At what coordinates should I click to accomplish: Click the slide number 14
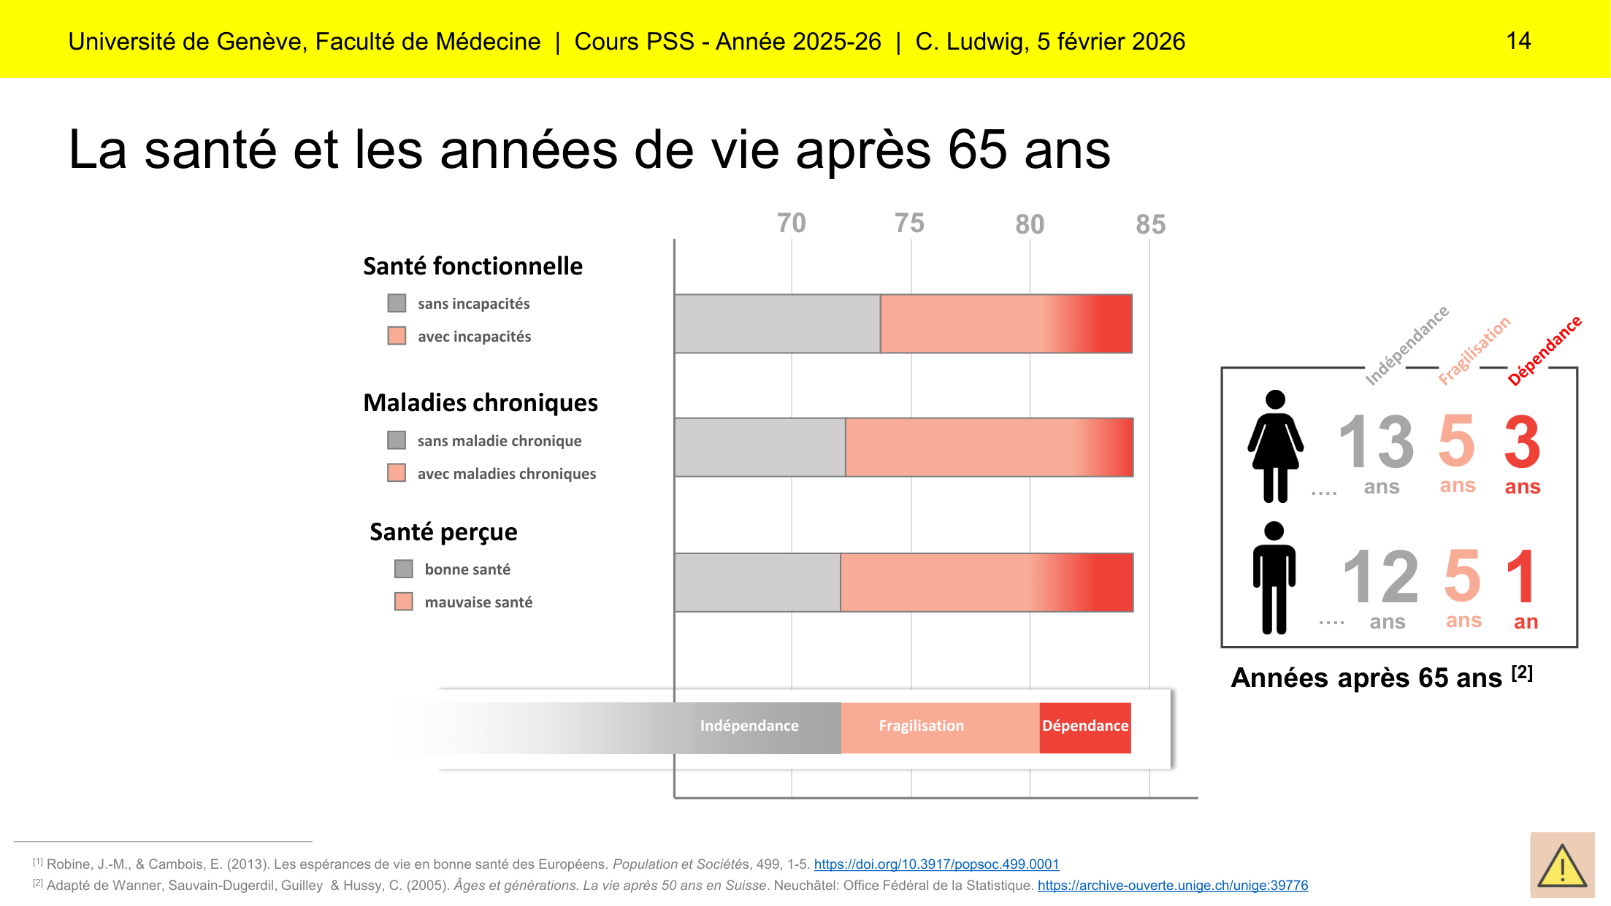coord(1518,41)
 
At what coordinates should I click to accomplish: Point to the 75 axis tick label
coord(909,223)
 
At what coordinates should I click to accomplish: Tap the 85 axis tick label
coord(1150,224)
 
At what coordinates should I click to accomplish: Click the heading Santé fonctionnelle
coord(472,266)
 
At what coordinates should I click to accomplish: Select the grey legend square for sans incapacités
coord(397,303)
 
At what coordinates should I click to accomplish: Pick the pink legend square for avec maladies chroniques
coord(397,473)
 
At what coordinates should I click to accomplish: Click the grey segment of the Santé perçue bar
coord(757,583)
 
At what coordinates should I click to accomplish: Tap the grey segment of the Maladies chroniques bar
coord(759,448)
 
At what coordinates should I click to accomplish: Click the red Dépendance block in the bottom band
coord(1084,726)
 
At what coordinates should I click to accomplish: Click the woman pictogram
coord(1275,446)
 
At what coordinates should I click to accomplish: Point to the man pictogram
coord(1274,577)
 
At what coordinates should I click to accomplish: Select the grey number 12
coord(1380,577)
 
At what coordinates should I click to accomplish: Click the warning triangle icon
coord(1562,866)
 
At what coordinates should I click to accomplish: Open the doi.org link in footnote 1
coord(936,864)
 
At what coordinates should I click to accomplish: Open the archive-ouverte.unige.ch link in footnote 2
coord(1172,886)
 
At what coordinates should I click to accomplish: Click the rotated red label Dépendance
coord(1545,350)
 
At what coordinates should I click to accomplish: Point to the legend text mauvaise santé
coord(478,602)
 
